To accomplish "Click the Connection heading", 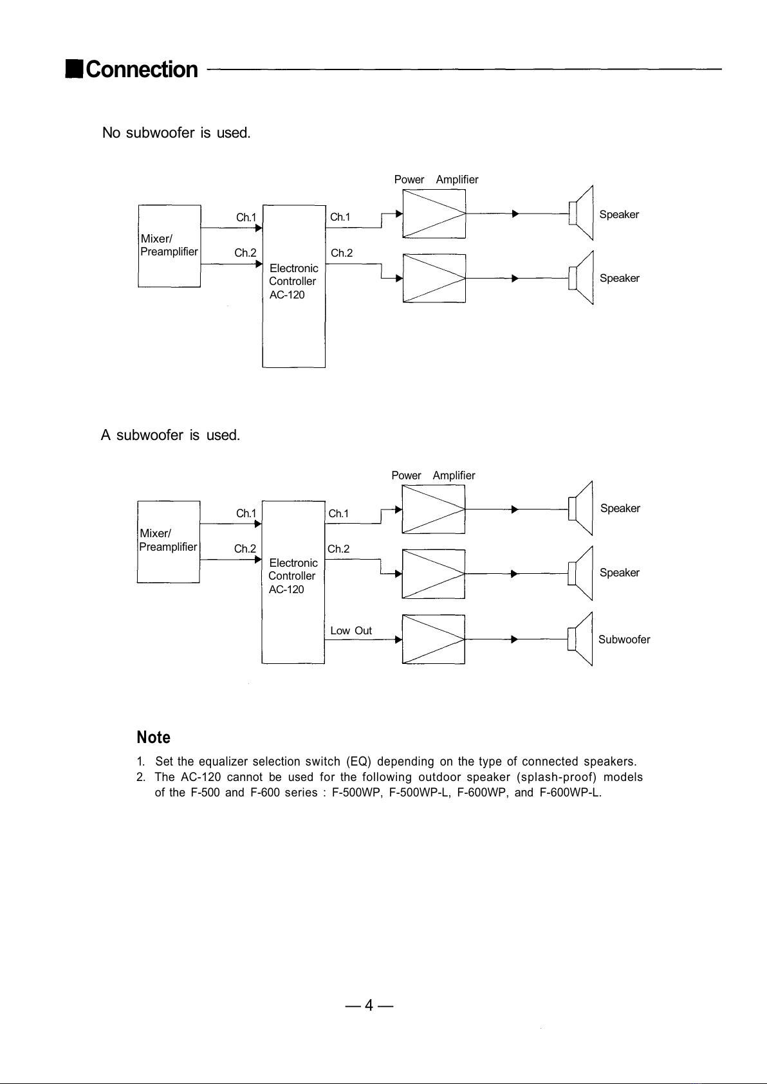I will pyautogui.click(x=141, y=69).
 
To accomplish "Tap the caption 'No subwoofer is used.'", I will pyautogui.click(x=176, y=133).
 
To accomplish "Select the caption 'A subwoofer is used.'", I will pyautogui.click(x=171, y=435).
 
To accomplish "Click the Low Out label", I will pyautogui.click(x=351, y=630).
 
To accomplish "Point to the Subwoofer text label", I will pyautogui.click(x=624, y=639).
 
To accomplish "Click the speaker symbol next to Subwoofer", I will pyautogui.click(x=580, y=639).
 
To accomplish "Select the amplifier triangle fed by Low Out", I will pyautogui.click(x=433, y=639).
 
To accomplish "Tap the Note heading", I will pyautogui.click(x=153, y=737).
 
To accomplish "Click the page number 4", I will pyautogui.click(x=369, y=1005).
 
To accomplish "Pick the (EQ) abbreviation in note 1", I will pyautogui.click(x=358, y=762).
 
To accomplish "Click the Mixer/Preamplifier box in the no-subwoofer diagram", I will pyautogui.click(x=169, y=246).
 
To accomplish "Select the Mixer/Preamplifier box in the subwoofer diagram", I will pyautogui.click(x=168, y=541).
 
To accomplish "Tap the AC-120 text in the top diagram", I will pyautogui.click(x=287, y=295).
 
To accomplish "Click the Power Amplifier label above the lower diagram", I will pyautogui.click(x=433, y=475).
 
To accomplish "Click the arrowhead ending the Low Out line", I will pyautogui.click(x=398, y=639).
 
